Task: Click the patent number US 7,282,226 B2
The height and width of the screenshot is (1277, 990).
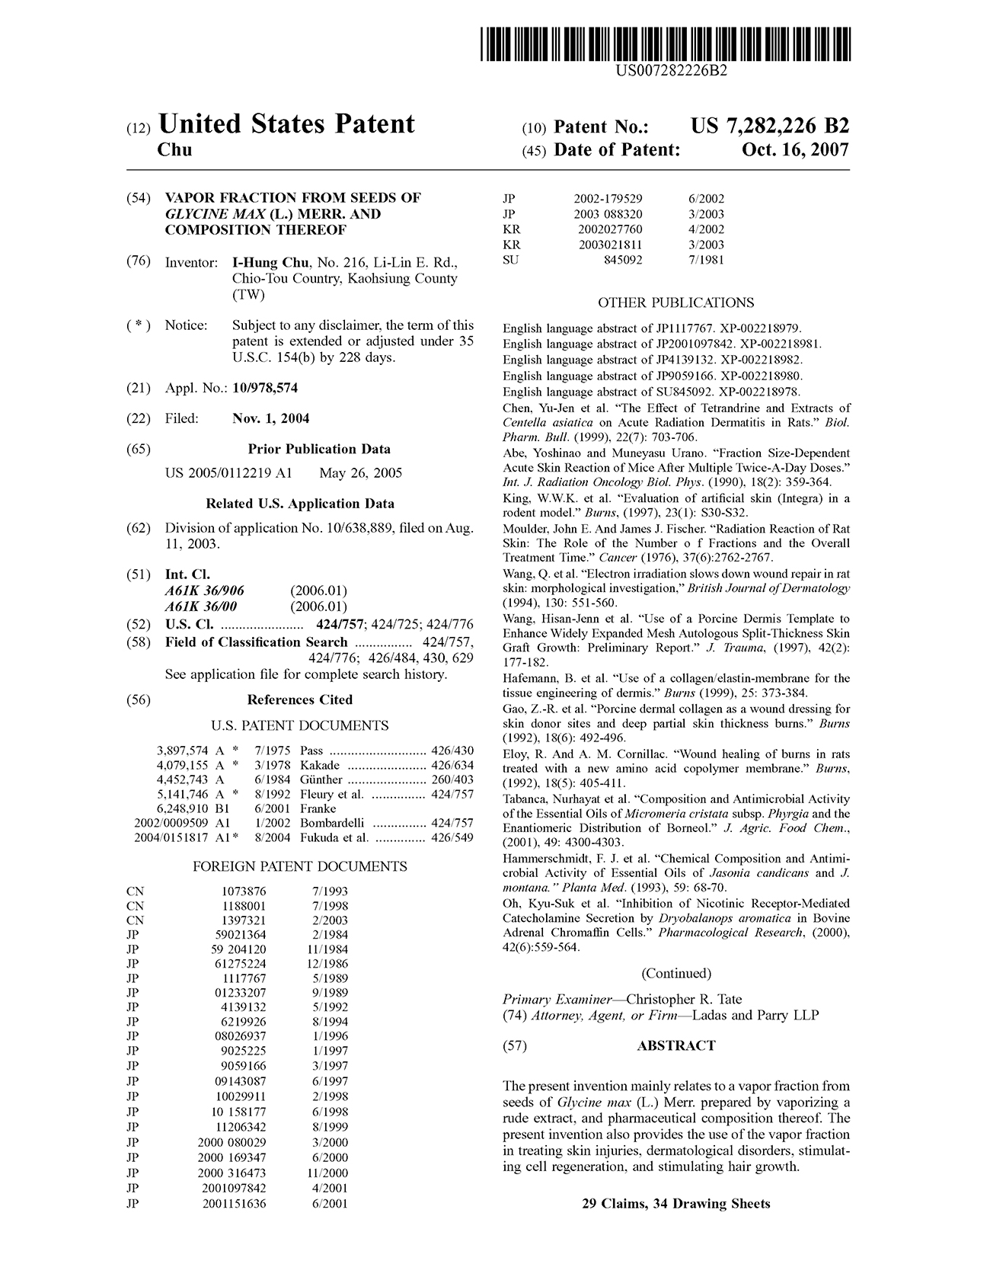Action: [x=769, y=126]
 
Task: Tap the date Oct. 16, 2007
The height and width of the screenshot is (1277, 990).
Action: [x=795, y=150]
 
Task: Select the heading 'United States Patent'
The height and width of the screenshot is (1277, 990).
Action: [x=286, y=124]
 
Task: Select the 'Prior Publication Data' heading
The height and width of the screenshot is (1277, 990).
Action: [x=318, y=449]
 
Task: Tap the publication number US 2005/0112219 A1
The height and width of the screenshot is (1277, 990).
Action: [x=228, y=473]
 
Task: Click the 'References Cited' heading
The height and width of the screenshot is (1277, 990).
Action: [x=300, y=699]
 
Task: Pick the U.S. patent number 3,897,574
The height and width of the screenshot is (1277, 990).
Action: [x=182, y=751]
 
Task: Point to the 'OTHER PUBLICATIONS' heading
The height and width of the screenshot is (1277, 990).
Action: [x=675, y=302]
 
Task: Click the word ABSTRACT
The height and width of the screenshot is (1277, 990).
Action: [x=675, y=1046]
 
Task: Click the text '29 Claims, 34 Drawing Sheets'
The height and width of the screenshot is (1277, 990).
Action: [x=675, y=1204]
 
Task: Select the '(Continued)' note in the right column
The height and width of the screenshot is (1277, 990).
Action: [x=675, y=973]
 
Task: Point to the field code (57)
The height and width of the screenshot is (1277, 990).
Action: [x=515, y=1046]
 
